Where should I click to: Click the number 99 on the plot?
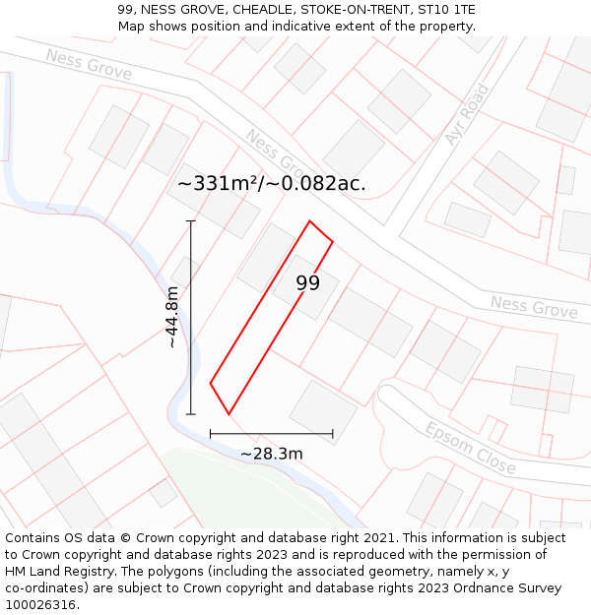(x=307, y=283)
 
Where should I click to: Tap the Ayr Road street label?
(x=467, y=115)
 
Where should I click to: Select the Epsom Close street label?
(x=470, y=447)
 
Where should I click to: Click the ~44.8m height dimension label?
(x=172, y=317)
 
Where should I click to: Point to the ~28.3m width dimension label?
(x=272, y=454)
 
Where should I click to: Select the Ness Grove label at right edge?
(x=534, y=307)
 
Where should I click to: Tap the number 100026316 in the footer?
(x=41, y=604)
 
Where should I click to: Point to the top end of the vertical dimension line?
(x=191, y=221)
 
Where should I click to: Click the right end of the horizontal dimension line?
(x=333, y=433)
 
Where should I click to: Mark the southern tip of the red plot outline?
(x=229, y=414)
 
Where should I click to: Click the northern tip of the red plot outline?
(x=310, y=220)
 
